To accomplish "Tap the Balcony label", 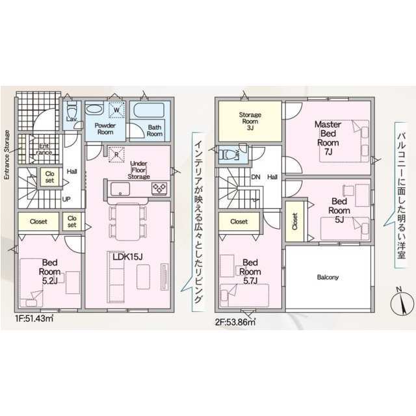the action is [x=328, y=278].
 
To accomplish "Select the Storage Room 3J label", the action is [x=250, y=122].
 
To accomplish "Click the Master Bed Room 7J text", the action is [x=328, y=138].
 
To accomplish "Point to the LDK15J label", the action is [x=127, y=257].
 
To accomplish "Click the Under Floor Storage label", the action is [x=138, y=170].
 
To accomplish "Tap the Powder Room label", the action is [x=105, y=129].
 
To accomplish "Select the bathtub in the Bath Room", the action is [x=149, y=110].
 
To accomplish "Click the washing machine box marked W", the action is [x=116, y=110].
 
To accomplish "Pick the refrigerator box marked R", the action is [x=116, y=154].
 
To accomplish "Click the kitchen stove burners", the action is [x=159, y=188].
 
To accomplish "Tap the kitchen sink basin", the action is [x=120, y=188].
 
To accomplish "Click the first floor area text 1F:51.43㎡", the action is [x=34, y=318].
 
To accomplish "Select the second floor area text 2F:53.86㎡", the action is [x=235, y=322].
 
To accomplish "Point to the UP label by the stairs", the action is [x=66, y=199].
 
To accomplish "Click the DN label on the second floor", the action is [x=255, y=177].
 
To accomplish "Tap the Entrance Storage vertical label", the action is [x=7, y=155].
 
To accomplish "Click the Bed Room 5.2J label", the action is [x=49, y=272].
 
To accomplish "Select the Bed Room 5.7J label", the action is [x=250, y=272].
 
